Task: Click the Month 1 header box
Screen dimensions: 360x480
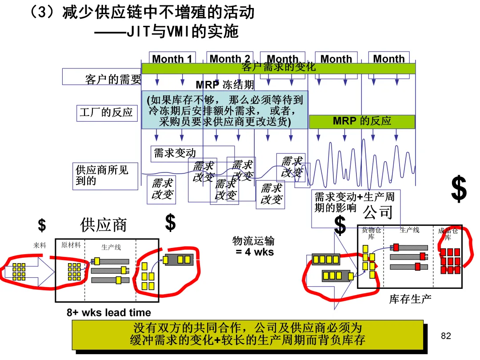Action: tap(172, 59)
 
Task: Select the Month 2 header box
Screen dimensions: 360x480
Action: tap(230, 59)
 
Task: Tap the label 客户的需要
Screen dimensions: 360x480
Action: tap(113, 80)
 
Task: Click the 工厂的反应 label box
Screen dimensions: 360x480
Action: tap(106, 112)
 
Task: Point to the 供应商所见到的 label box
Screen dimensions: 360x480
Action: tap(106, 176)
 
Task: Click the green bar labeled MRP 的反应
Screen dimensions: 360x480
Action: tap(362, 121)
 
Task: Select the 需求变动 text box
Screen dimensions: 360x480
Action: tap(175, 153)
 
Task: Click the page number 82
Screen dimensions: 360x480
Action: tap(446, 336)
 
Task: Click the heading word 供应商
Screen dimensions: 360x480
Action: tap(104, 225)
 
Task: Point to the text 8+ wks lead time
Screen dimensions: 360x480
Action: tap(109, 312)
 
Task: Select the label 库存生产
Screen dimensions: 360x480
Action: tap(410, 299)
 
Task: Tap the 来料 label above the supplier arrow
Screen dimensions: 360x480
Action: tap(40, 245)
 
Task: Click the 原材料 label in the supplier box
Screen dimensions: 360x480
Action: tap(71, 245)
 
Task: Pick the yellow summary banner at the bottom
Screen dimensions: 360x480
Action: tap(248, 335)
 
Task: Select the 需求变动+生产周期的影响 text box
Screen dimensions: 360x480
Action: tap(354, 202)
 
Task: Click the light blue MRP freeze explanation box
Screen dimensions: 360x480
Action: tap(224, 110)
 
